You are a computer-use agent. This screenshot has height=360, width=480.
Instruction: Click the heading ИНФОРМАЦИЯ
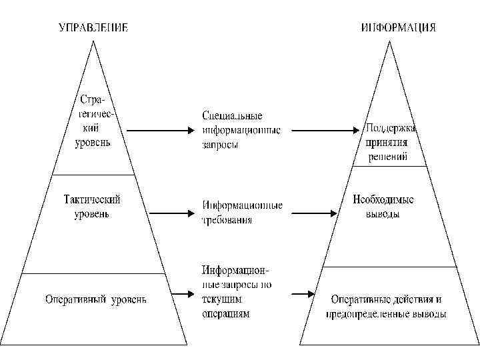click(399, 28)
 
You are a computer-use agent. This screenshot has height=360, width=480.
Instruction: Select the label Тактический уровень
click(93, 206)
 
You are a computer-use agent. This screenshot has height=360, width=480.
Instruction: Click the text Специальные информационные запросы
click(241, 130)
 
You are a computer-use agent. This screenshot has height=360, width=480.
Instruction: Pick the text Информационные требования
click(242, 212)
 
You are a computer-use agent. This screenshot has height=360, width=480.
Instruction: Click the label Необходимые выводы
click(383, 207)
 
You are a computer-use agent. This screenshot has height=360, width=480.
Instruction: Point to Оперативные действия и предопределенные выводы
click(386, 306)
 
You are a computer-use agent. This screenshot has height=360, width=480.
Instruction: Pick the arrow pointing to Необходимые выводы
click(314, 213)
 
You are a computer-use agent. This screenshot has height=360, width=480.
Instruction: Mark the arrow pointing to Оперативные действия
click(303, 294)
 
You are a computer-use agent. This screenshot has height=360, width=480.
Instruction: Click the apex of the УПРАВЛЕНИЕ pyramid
click(93, 43)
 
